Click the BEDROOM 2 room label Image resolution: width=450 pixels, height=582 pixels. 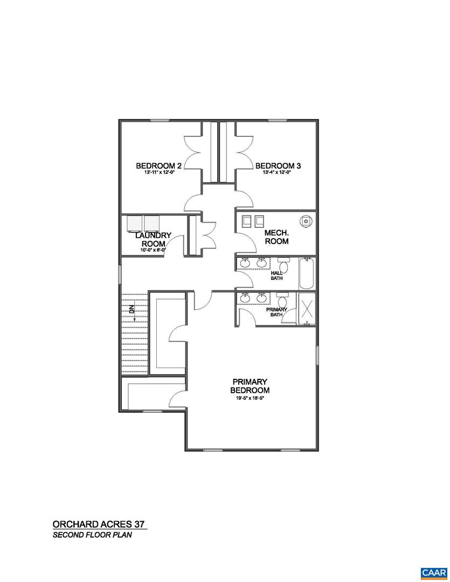click(x=158, y=165)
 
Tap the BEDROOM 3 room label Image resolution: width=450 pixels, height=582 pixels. click(x=278, y=165)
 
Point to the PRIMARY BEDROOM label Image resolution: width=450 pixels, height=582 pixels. click(x=250, y=386)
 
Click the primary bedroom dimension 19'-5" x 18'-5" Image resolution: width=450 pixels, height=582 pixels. click(x=250, y=398)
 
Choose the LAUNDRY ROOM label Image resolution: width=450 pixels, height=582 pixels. click(x=154, y=240)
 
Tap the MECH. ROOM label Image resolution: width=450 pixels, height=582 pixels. click(x=276, y=237)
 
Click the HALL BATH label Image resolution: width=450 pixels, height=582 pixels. click(x=276, y=275)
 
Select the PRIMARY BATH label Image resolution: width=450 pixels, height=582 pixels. click(x=276, y=313)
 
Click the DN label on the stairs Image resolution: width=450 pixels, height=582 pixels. click(x=131, y=309)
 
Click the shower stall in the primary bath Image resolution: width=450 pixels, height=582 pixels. click(x=307, y=309)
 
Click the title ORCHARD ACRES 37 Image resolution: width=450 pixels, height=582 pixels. click(x=99, y=524)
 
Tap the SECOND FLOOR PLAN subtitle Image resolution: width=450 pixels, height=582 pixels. click(x=92, y=536)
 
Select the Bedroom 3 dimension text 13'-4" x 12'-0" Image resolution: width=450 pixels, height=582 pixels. click(x=277, y=173)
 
